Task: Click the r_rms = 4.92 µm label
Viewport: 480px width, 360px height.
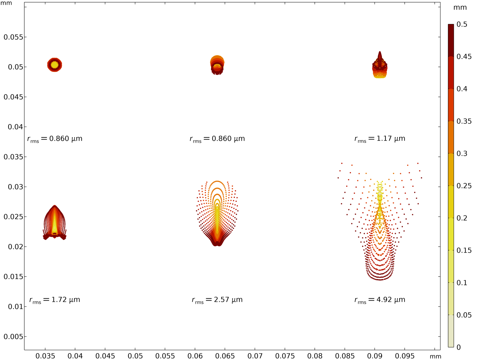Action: coord(380,300)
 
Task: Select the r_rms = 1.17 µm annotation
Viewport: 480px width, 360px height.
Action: coord(380,139)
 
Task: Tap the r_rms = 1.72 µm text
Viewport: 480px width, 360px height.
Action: coord(55,300)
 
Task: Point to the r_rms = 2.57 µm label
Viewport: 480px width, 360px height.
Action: coord(217,300)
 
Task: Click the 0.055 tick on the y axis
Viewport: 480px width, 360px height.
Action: coord(13,37)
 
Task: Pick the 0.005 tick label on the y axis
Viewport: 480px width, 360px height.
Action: coord(13,337)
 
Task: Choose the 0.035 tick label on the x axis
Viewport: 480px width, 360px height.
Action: coord(45,356)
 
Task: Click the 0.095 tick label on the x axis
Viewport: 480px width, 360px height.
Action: coord(405,356)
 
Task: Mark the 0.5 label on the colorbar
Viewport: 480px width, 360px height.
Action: coord(462,24)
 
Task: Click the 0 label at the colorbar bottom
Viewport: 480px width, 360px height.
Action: coord(458,347)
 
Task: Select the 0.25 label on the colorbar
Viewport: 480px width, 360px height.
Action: coord(464,186)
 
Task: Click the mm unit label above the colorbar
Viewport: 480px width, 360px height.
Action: coord(460,7)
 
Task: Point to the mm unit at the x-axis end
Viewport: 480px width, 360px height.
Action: coord(435,356)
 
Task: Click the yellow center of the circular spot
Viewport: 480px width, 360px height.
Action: coord(55,65)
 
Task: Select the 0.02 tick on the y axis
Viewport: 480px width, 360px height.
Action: coord(15,247)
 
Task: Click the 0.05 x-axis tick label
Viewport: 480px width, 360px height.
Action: coord(135,356)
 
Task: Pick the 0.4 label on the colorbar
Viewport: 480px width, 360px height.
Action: coord(462,89)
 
